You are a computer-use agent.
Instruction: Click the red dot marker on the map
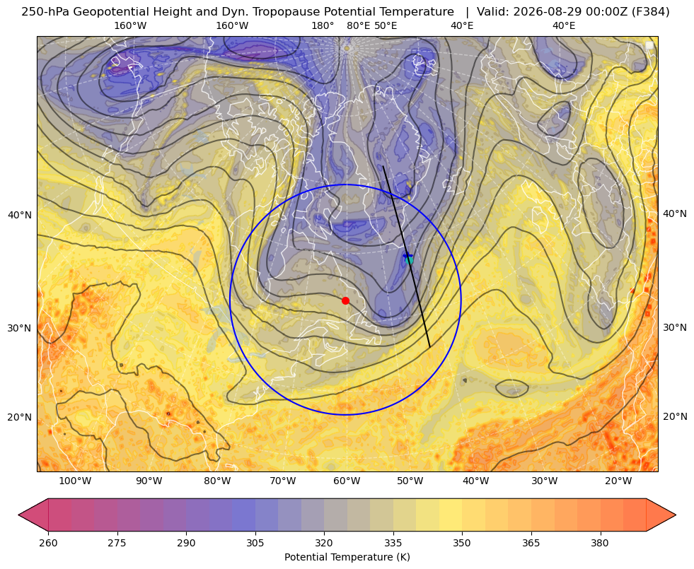(x=346, y=300)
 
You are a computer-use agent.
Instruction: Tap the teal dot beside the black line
(x=410, y=260)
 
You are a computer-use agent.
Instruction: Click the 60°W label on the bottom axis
(x=347, y=481)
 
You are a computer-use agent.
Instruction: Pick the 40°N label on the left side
(x=20, y=216)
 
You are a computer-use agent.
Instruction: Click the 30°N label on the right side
(x=675, y=327)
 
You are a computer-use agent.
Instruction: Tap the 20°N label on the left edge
(x=20, y=417)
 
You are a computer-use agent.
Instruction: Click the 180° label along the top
(x=323, y=25)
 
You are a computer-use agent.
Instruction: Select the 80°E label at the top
(x=359, y=25)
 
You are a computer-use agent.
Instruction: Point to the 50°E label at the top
(x=386, y=25)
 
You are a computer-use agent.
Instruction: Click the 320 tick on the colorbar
(x=324, y=543)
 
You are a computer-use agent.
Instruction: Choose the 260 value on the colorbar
(x=48, y=543)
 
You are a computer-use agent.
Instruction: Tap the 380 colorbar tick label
(x=600, y=543)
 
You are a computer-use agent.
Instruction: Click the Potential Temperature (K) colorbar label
(x=347, y=557)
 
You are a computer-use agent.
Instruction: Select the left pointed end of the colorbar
(x=19, y=515)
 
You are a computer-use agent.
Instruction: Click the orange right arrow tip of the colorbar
(x=676, y=515)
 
